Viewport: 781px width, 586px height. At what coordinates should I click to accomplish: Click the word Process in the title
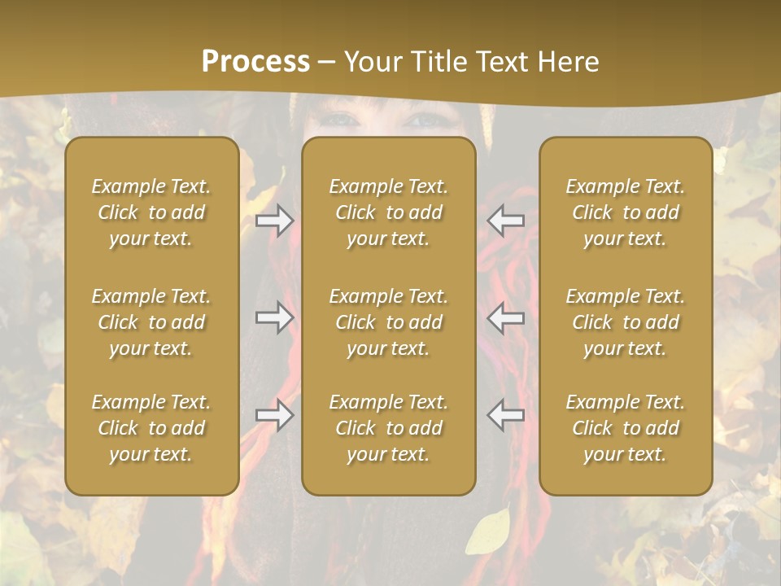point(255,62)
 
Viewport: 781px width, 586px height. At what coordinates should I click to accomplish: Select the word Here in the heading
point(567,62)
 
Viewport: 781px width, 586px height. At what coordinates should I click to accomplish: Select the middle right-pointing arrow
point(275,317)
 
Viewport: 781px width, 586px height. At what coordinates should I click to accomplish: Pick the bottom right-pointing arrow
point(275,415)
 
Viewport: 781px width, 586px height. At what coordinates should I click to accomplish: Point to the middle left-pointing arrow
point(506,317)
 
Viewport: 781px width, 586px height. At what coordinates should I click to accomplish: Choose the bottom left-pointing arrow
point(506,415)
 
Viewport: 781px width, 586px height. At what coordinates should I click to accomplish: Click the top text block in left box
point(151,212)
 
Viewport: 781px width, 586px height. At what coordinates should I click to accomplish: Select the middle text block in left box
point(151,322)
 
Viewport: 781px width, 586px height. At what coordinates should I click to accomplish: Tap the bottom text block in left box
point(151,428)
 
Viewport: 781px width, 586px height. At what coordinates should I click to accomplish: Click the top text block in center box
point(389,212)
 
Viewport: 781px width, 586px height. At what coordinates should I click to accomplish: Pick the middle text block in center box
point(389,322)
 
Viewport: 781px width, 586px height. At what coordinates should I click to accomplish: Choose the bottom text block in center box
point(389,428)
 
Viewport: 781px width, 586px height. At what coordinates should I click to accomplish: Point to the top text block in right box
point(626,212)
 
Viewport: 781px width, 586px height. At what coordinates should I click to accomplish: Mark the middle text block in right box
point(626,322)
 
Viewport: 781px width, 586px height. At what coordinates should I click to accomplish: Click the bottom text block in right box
point(626,428)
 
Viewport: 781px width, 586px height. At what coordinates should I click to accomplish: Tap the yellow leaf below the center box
point(488,533)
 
